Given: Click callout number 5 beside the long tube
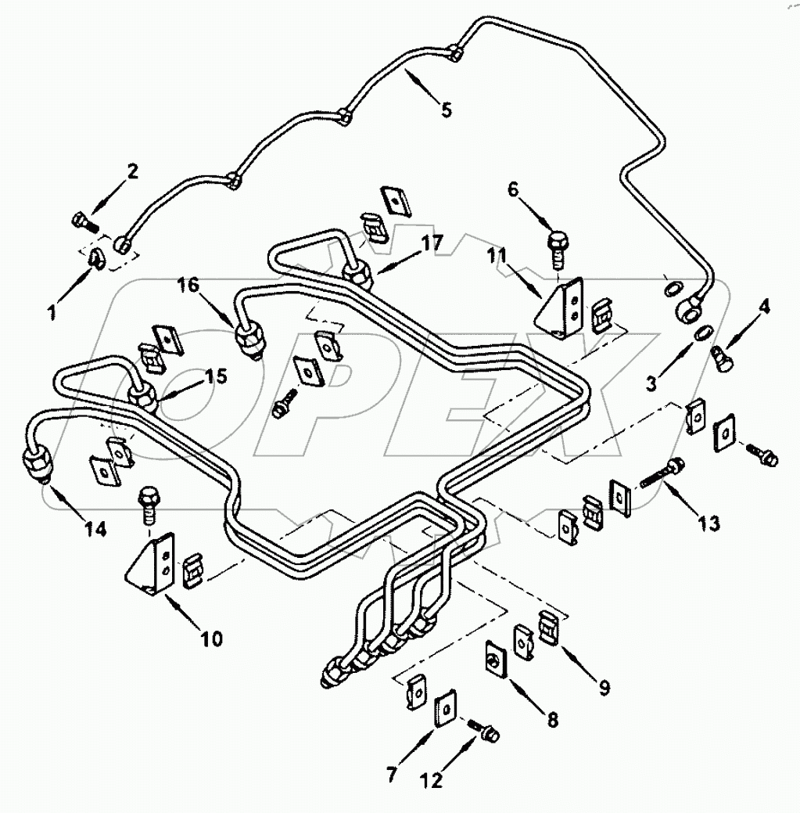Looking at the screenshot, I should click(x=446, y=110).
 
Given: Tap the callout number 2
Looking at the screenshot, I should click(x=132, y=171).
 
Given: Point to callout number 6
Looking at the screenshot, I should click(x=513, y=189).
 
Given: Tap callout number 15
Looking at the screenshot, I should click(x=216, y=376).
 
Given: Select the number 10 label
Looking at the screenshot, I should click(x=211, y=639).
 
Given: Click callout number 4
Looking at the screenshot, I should click(x=764, y=307).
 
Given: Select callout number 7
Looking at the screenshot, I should click(x=392, y=775).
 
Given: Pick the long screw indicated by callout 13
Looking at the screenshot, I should click(x=663, y=473).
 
